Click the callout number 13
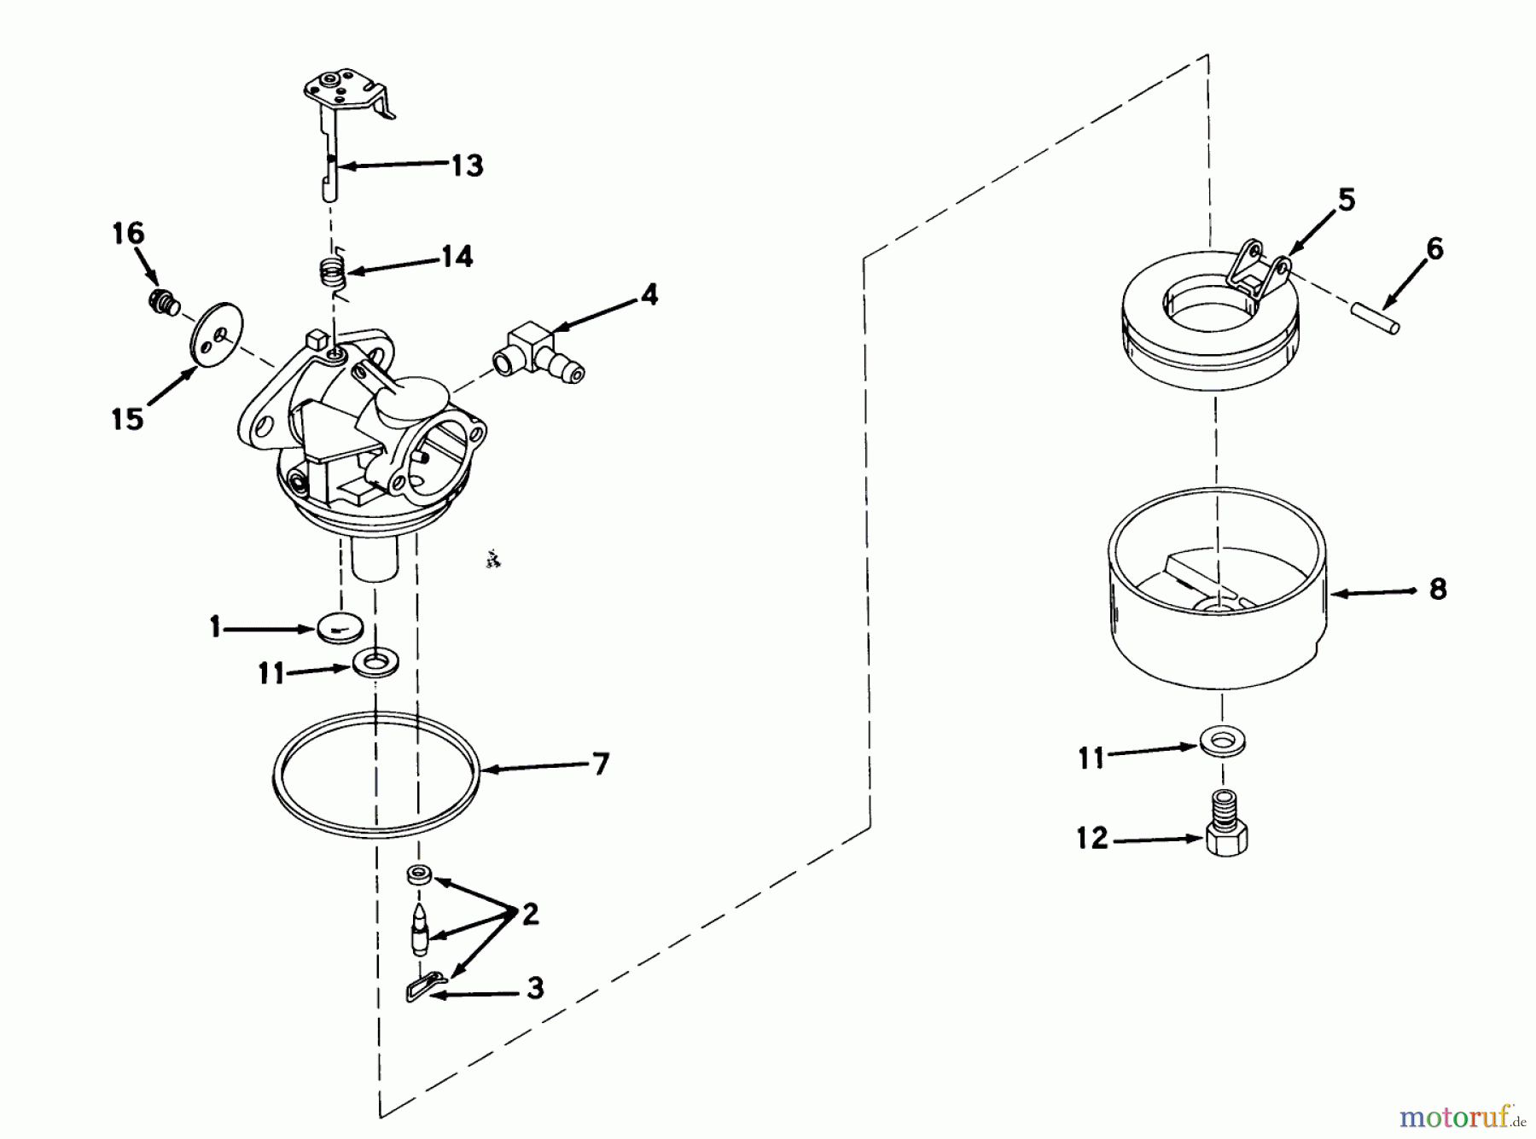click(467, 165)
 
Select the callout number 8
click(1438, 590)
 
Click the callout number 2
click(530, 915)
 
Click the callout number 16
click(129, 233)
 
